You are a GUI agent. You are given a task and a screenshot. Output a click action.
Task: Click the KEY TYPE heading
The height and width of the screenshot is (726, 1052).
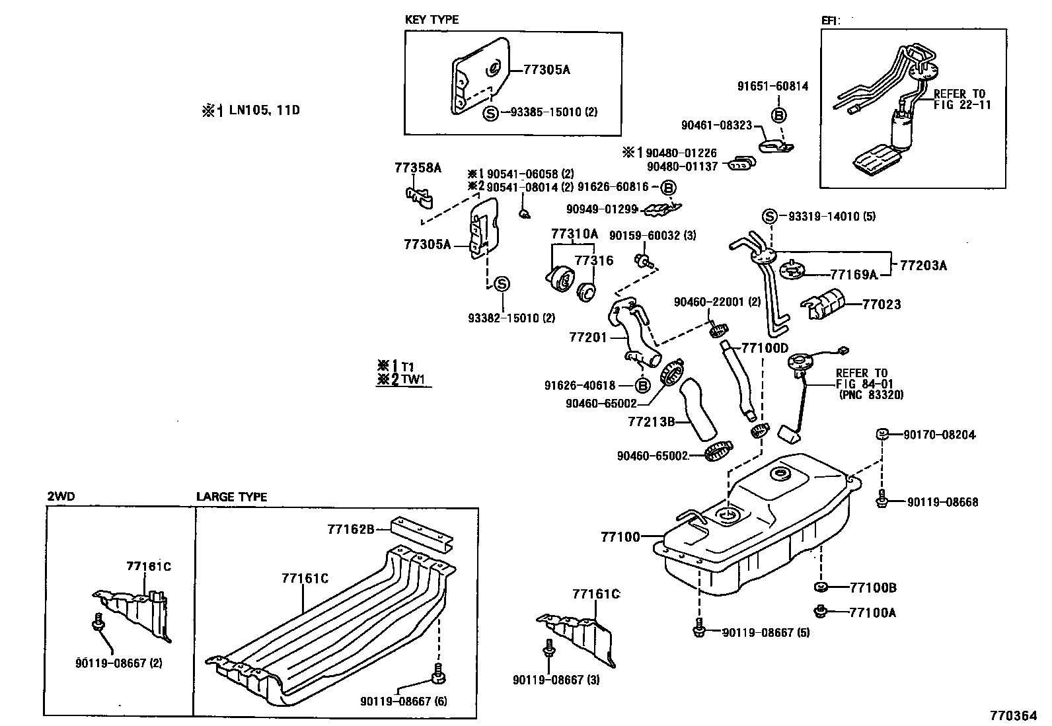(432, 20)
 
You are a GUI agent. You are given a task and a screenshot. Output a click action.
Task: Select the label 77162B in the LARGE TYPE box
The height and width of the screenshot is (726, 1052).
(350, 529)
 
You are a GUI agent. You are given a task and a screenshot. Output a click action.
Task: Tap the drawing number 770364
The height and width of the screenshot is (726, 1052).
(1012, 715)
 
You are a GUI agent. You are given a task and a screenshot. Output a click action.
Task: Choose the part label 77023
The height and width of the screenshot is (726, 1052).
(882, 305)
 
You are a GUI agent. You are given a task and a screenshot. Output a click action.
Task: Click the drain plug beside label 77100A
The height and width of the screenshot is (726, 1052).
(821, 611)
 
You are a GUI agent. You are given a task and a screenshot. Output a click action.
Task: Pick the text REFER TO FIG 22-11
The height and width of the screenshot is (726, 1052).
(961, 99)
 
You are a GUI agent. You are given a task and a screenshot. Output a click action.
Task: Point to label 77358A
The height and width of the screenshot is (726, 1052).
(418, 168)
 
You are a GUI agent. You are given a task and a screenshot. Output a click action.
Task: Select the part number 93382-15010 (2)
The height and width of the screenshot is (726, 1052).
(511, 318)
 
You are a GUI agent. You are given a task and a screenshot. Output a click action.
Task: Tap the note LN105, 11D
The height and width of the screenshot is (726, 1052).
(264, 110)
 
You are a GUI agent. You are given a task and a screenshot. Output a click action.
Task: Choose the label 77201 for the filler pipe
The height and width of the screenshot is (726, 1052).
(587, 338)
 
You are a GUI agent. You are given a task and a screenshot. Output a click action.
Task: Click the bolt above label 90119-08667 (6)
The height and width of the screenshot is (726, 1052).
(437, 677)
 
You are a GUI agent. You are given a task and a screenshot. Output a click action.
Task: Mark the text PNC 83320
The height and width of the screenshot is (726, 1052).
(870, 394)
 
